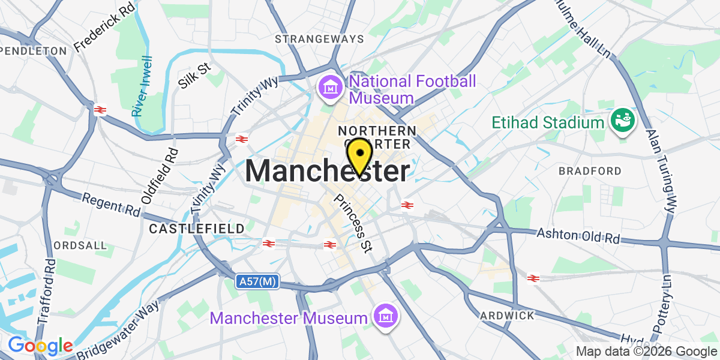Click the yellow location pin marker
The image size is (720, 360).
pyautogui.click(x=359, y=154)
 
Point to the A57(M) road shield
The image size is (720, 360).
pyautogui.click(x=257, y=281)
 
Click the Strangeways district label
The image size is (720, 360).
pyautogui.click(x=319, y=39)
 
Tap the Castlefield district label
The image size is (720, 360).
pyautogui.click(x=197, y=229)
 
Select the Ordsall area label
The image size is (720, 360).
pyautogui.click(x=80, y=245)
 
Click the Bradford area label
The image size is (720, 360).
pyautogui.click(x=590, y=171)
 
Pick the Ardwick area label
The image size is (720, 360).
pyautogui.click(x=507, y=315)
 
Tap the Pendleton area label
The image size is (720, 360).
pyautogui.click(x=34, y=51)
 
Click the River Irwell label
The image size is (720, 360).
pyautogui.click(x=143, y=86)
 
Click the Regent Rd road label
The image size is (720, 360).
pyautogui.click(x=111, y=205)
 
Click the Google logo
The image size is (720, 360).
pyautogui.click(x=40, y=346)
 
